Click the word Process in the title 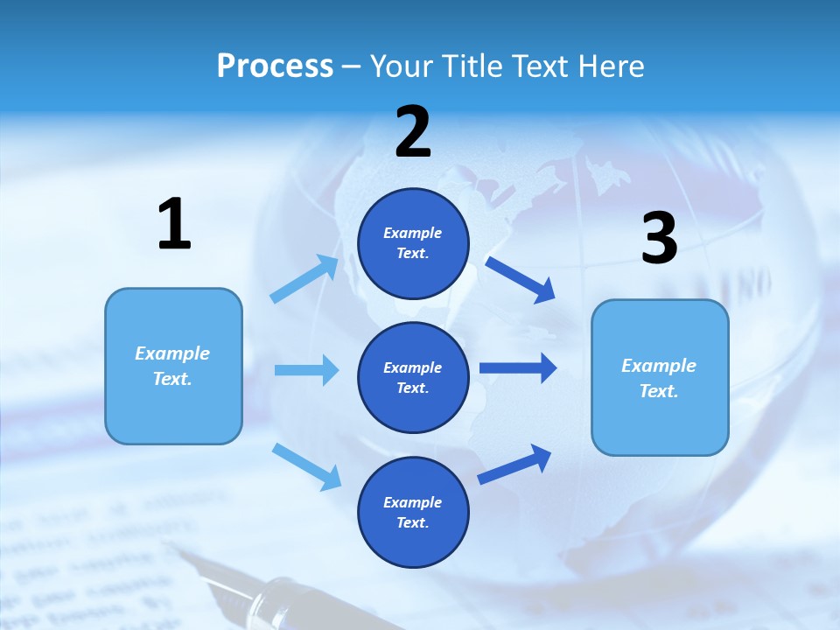275,66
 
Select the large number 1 174,224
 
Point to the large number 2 413,131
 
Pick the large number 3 659,238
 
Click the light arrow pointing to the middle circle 306,370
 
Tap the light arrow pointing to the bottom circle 306,465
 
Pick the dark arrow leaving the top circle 521,280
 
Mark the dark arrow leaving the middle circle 518,368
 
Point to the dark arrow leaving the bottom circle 514,464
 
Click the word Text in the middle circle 412,388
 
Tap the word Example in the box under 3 659,366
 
